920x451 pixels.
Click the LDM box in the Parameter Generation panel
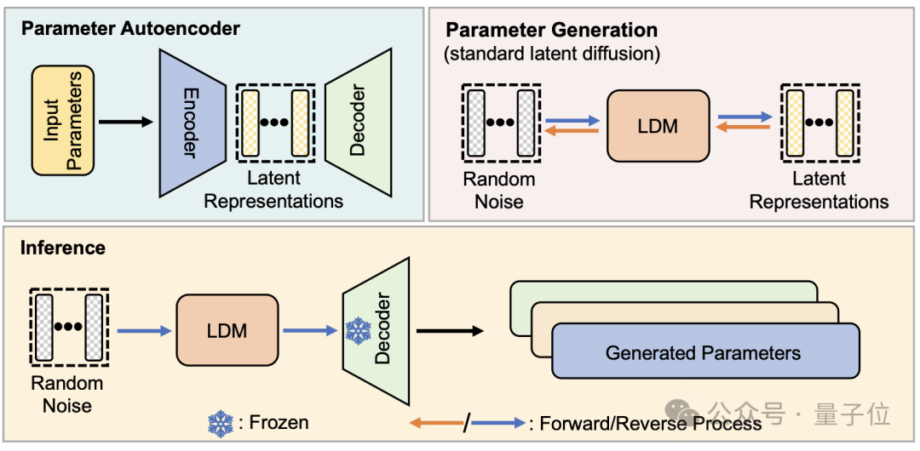(658, 126)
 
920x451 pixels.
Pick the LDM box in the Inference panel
(227, 330)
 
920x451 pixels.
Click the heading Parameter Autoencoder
(131, 28)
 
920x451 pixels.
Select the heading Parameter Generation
(552, 30)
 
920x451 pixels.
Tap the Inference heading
(63, 248)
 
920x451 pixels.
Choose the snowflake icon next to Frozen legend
(221, 423)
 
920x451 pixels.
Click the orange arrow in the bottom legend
(434, 423)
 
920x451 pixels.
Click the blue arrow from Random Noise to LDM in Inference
(143, 330)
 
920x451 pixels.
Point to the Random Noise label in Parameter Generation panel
(499, 190)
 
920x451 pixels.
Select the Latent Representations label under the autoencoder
(273, 190)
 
